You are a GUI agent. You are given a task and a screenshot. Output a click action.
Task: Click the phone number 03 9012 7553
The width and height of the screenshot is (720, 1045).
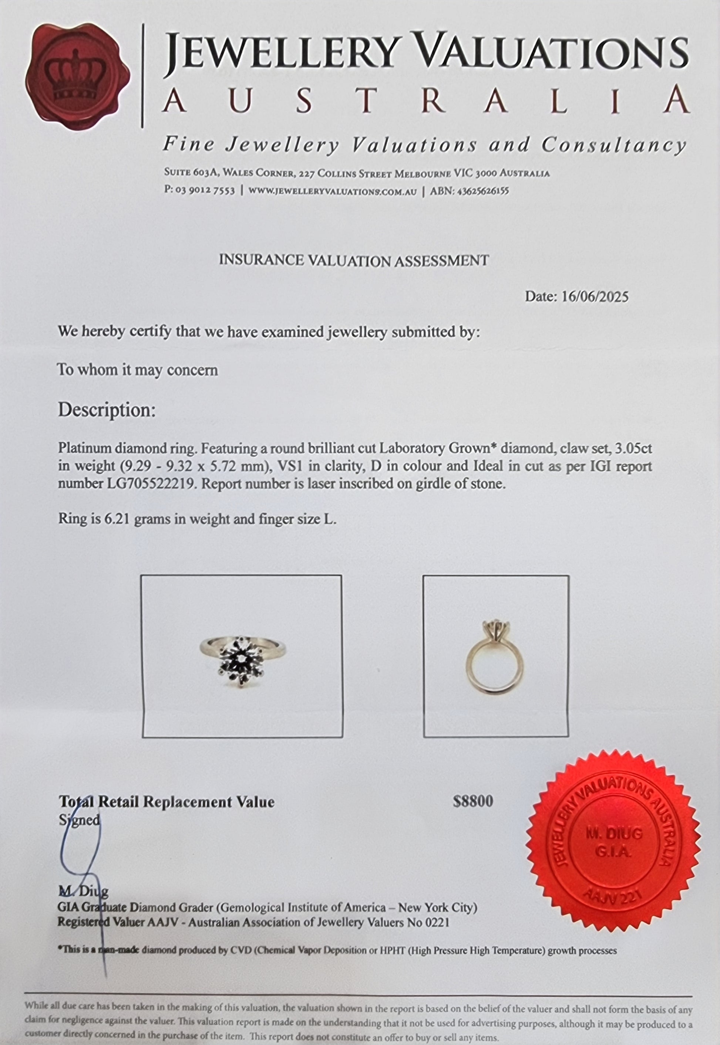click(205, 191)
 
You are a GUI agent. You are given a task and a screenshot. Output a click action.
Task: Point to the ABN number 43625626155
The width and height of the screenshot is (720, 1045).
click(483, 191)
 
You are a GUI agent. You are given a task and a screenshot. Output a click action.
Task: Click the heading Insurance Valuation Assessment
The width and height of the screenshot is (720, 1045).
click(354, 261)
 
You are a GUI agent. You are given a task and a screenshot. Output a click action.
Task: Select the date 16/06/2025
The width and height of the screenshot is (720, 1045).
click(595, 296)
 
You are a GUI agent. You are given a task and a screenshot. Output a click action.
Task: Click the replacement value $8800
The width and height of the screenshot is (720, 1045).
click(473, 801)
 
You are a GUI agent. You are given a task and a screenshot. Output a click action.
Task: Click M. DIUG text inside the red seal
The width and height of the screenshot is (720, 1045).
click(613, 834)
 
